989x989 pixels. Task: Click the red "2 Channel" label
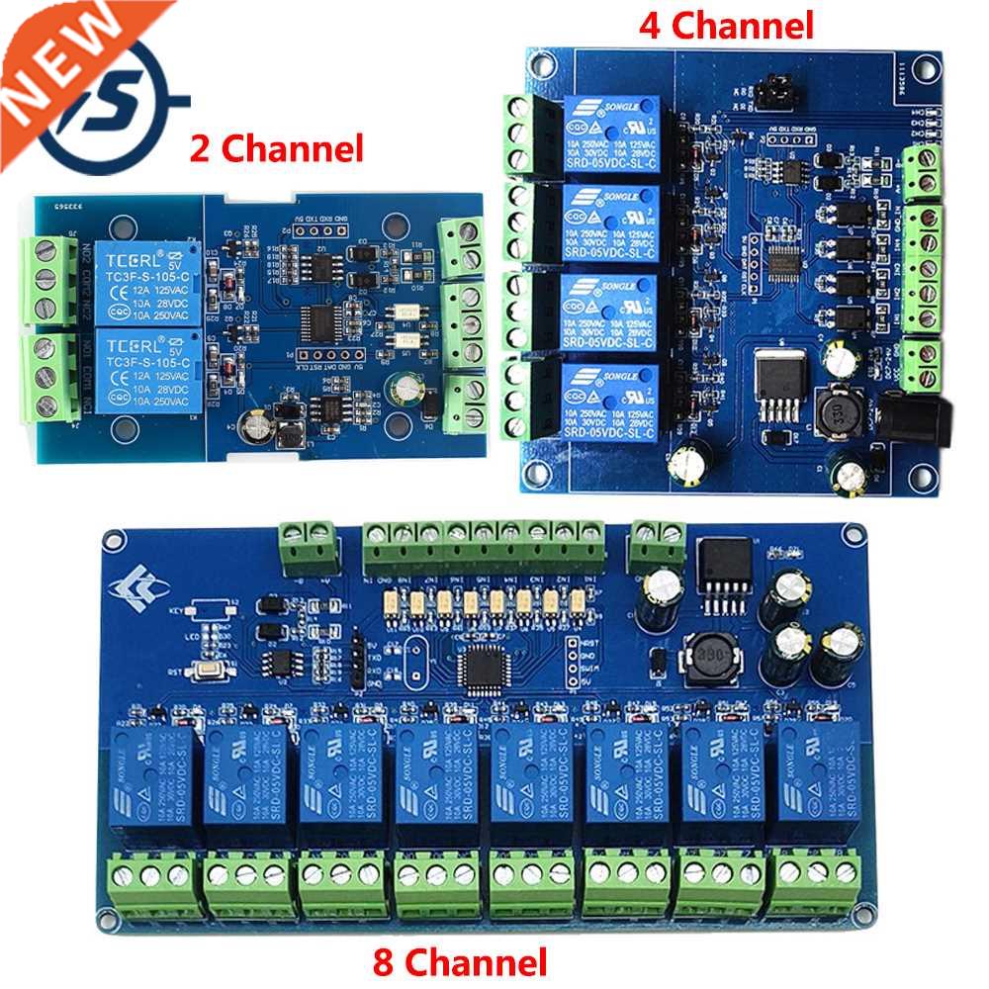276,149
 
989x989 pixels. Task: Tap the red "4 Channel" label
726,25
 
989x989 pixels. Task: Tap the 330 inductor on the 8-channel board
704,656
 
